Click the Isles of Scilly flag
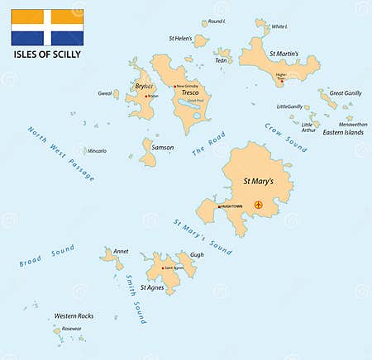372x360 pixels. [x=46, y=27]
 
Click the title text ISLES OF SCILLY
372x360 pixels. [x=46, y=56]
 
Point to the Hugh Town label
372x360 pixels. [x=232, y=206]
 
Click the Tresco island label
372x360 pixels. [x=191, y=93]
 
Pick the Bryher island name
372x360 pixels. [x=144, y=87]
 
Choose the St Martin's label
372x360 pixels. [x=284, y=54]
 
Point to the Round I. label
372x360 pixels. [x=217, y=21]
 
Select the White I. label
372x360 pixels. [x=280, y=26]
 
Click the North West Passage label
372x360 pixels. [x=60, y=153]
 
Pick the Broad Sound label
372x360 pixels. [x=47, y=255]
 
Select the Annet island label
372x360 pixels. [x=121, y=251]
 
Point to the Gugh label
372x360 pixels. [x=197, y=256]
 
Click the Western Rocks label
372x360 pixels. [x=74, y=316]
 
